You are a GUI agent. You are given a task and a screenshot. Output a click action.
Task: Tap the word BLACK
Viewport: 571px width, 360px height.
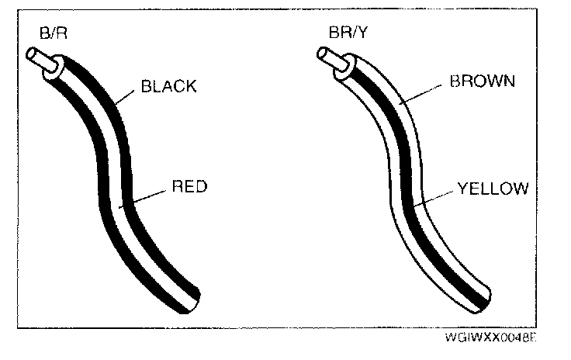tap(168, 86)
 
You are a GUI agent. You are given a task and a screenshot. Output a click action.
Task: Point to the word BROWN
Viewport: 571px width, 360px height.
tap(482, 81)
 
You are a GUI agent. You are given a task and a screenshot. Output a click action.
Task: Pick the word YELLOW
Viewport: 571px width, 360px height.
tap(492, 188)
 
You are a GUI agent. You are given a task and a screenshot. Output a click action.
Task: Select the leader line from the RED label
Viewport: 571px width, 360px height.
tap(147, 196)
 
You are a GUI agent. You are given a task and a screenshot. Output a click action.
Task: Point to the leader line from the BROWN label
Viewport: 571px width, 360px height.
tap(422, 94)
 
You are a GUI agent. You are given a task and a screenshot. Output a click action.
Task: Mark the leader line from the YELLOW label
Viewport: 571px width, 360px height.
tap(435, 197)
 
